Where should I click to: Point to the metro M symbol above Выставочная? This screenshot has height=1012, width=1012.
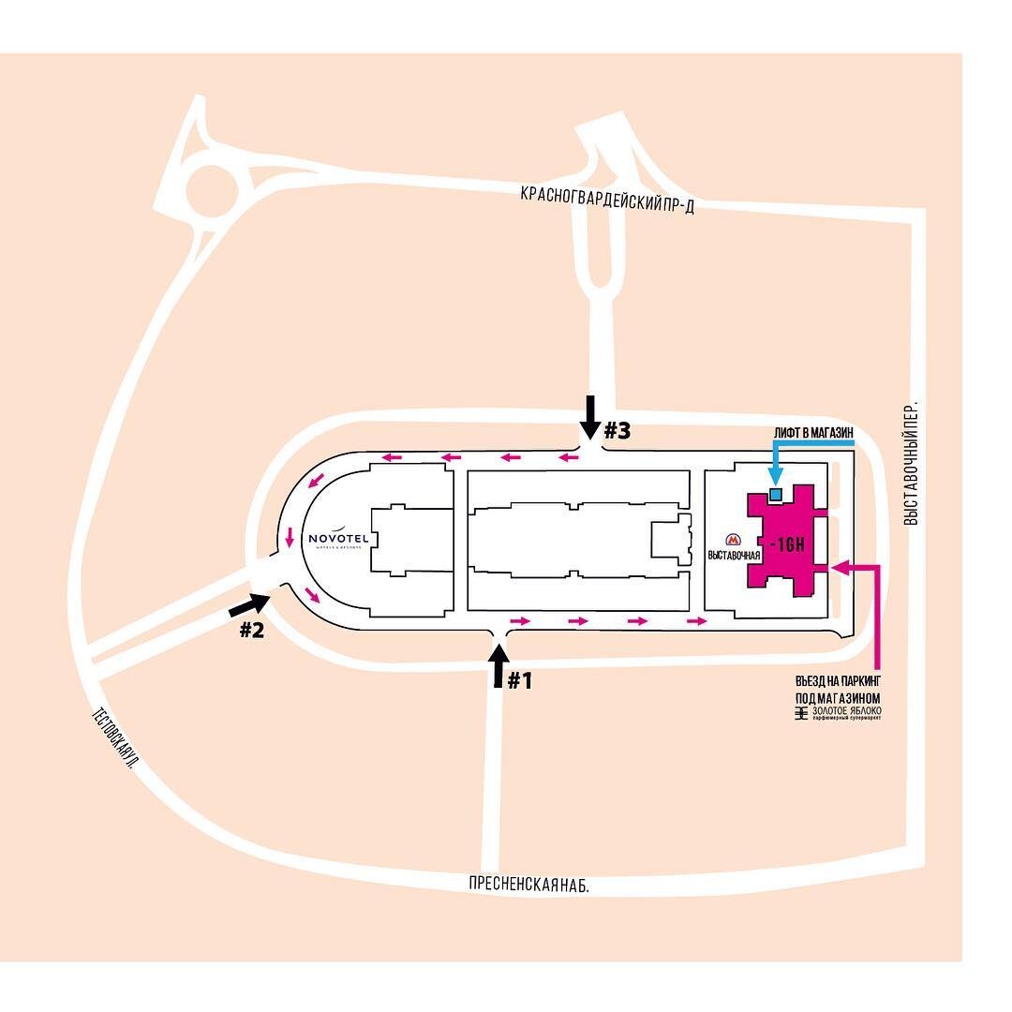(x=733, y=540)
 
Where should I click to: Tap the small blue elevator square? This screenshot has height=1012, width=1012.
(x=775, y=493)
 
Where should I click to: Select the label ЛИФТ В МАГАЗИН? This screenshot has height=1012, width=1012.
(x=813, y=431)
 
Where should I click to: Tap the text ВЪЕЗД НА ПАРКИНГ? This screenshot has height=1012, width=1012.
(x=838, y=680)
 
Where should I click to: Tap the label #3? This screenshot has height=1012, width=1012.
(x=617, y=431)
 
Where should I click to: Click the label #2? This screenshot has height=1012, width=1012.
(x=251, y=630)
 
